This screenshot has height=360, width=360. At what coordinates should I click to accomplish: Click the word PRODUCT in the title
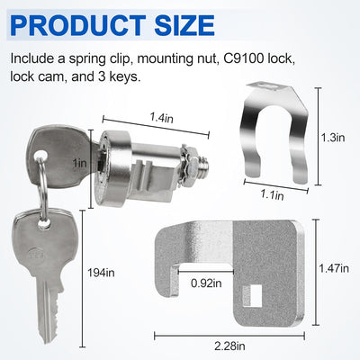pyautogui.click(x=78, y=24)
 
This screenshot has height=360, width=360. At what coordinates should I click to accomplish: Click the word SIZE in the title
pyautogui.click(x=184, y=24)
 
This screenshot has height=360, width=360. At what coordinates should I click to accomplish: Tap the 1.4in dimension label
pyautogui.click(x=162, y=118)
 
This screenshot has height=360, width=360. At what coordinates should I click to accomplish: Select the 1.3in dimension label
pyautogui.click(x=333, y=138)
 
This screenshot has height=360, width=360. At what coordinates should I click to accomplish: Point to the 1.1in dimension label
pyautogui.click(x=272, y=195)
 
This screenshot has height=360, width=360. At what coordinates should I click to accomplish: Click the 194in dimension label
pyautogui.click(x=101, y=273)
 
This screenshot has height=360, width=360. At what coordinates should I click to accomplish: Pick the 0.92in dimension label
pyautogui.click(x=206, y=283)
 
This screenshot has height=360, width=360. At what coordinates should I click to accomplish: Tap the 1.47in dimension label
pyautogui.click(x=334, y=268)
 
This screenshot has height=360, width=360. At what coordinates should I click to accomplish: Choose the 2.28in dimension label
pyautogui.click(x=229, y=346)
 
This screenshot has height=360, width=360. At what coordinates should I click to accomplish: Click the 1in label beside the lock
pyautogui.click(x=81, y=163)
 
